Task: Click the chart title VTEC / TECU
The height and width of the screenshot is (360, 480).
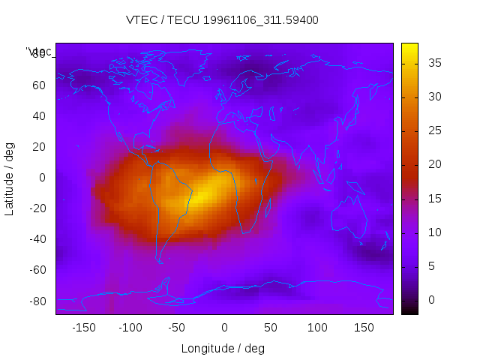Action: [222, 20]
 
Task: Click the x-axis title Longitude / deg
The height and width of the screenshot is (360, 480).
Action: [223, 349]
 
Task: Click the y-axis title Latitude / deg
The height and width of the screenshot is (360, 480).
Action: [10, 178]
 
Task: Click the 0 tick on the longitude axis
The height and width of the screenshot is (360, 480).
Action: [223, 328]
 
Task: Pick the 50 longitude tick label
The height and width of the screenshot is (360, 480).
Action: [270, 328]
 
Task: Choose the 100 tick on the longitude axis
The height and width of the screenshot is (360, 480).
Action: [316, 328]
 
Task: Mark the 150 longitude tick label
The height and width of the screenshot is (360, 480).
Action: [363, 328]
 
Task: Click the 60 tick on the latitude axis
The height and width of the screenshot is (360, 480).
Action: [38, 85]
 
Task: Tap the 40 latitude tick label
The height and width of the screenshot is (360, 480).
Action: [38, 115]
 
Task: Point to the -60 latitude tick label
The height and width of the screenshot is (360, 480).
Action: [36, 270]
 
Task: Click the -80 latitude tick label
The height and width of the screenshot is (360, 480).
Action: [36, 301]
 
